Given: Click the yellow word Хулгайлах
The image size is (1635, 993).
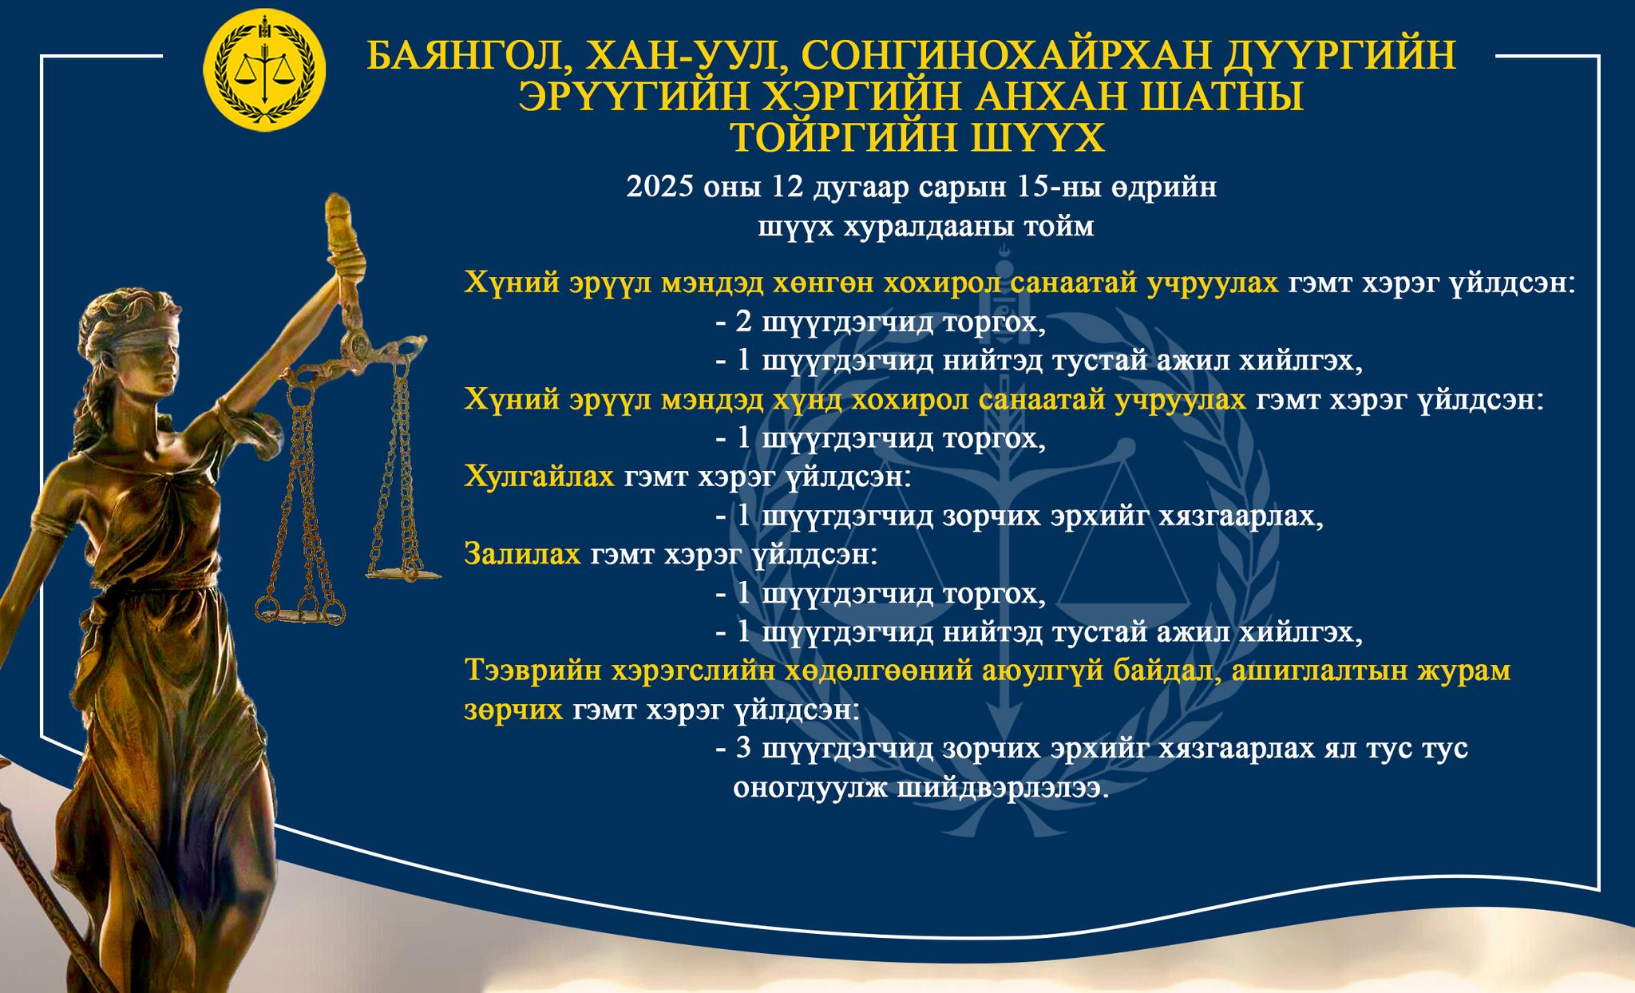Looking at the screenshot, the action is coord(539,477).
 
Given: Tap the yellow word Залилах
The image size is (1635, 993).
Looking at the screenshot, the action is coord(522,554).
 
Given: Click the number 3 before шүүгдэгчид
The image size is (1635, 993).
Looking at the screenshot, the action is coord(744,749).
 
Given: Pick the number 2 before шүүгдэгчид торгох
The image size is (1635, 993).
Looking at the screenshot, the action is coord(744,323).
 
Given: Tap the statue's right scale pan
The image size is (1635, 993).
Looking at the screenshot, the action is coord(404,572).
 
